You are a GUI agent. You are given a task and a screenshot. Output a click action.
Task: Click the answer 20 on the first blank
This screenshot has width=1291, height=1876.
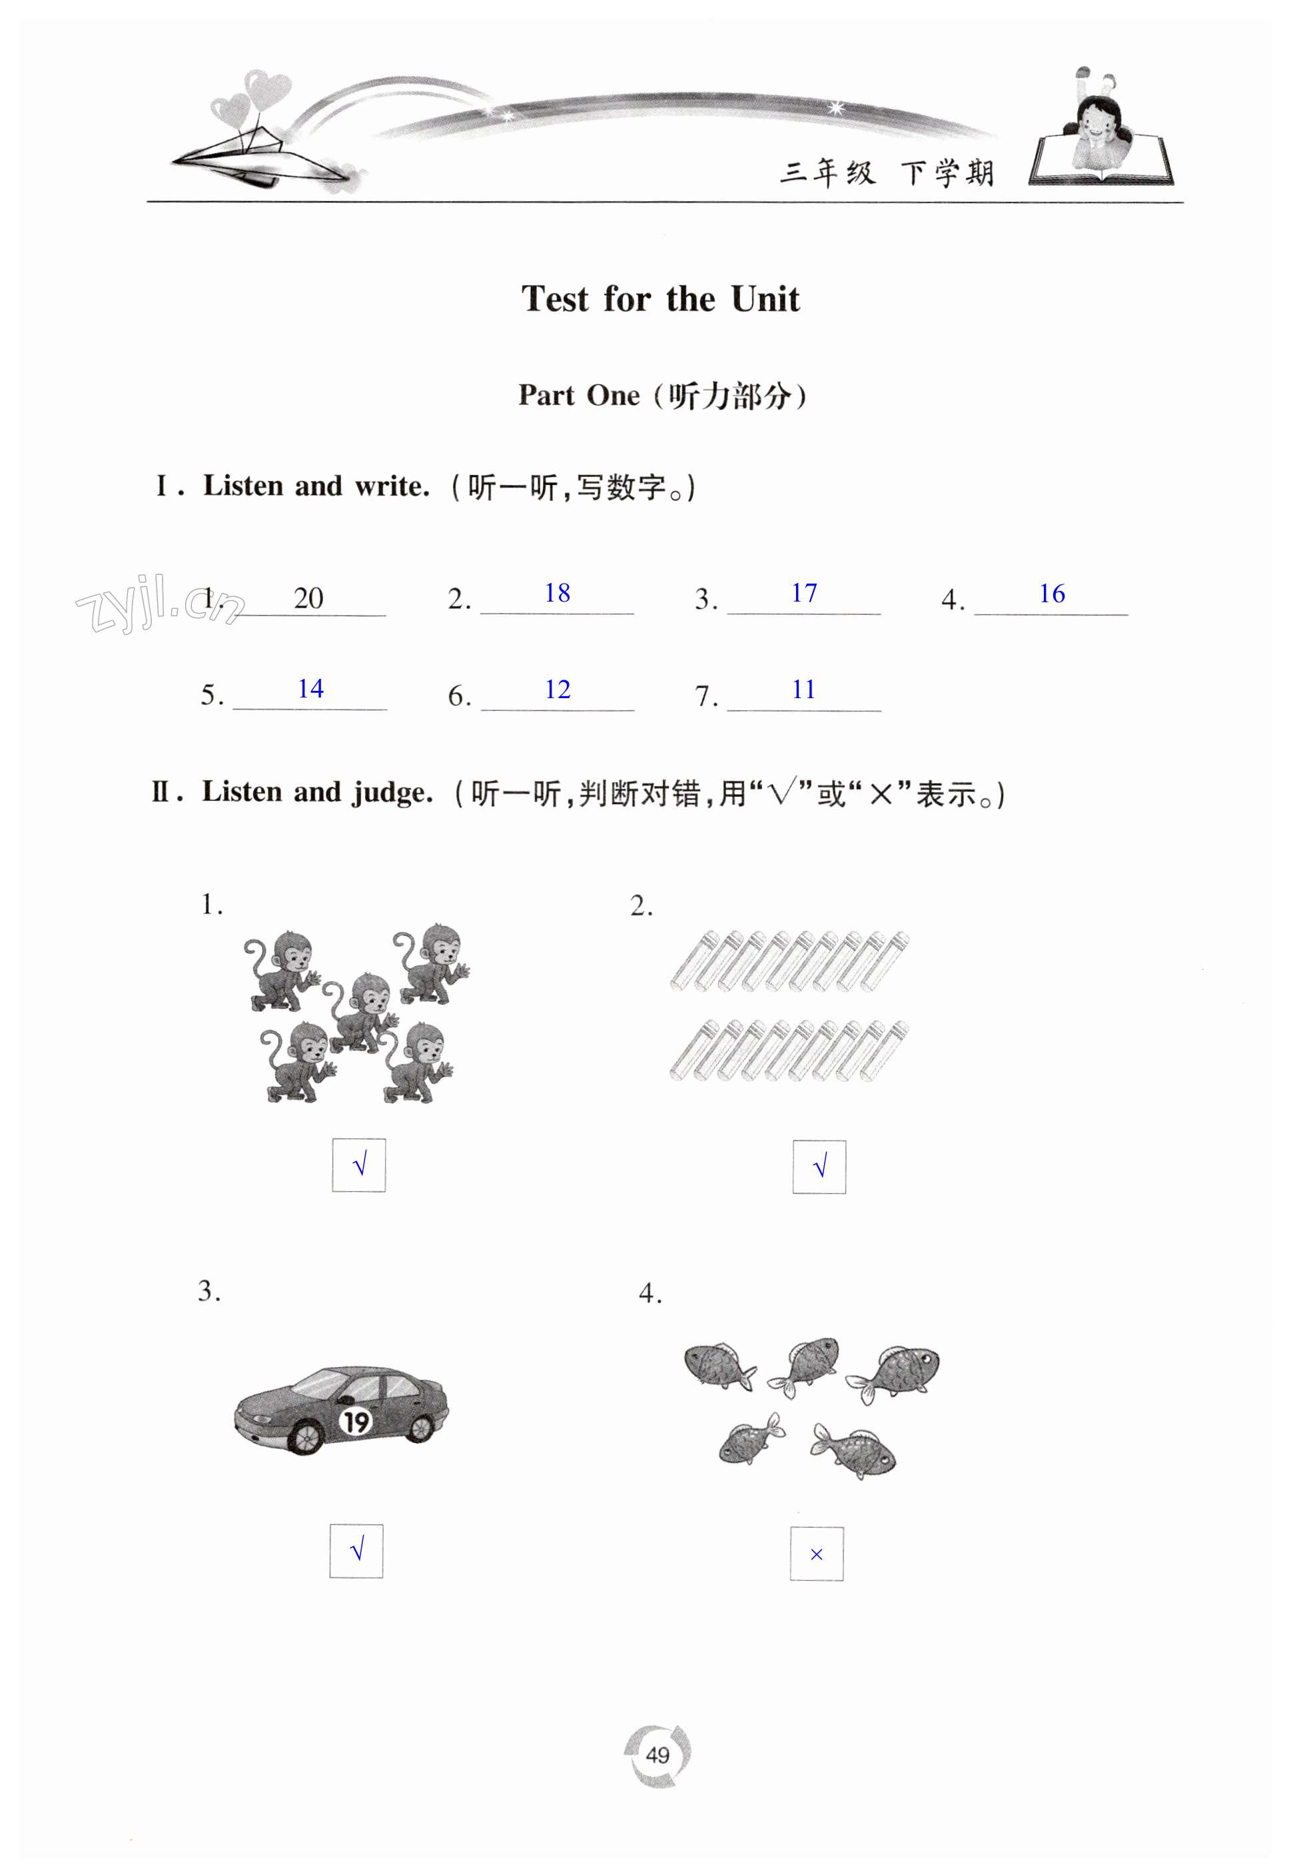[x=308, y=599]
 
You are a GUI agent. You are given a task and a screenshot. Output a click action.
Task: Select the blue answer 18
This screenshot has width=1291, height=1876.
[x=558, y=593]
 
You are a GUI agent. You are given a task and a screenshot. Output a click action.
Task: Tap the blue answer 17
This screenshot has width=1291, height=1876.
[x=804, y=593]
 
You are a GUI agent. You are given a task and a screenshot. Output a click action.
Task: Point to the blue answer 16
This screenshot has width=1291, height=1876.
[x=1052, y=594]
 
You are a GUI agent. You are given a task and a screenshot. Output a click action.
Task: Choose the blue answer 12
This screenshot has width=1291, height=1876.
[x=558, y=690]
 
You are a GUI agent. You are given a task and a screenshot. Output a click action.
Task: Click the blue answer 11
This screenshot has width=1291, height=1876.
[x=803, y=690]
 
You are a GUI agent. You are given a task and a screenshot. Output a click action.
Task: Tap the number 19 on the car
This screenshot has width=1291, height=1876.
[x=356, y=1422]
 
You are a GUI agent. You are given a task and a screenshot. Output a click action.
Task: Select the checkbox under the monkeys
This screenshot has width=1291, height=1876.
[x=359, y=1165]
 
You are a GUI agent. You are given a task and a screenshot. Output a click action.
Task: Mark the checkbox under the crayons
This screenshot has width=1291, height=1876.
[x=819, y=1167]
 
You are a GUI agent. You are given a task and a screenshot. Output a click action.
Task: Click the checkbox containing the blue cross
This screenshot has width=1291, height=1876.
[x=816, y=1553]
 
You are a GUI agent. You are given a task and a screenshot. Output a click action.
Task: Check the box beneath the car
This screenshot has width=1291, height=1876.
[x=356, y=1551]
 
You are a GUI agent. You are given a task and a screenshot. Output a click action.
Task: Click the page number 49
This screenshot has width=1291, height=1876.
[x=657, y=1755]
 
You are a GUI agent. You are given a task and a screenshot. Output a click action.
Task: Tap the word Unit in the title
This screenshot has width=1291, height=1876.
[x=765, y=299]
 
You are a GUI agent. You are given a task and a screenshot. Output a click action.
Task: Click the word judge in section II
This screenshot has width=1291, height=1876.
[x=392, y=792]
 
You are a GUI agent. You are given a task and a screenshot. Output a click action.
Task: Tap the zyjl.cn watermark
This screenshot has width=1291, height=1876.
[x=158, y=603]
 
